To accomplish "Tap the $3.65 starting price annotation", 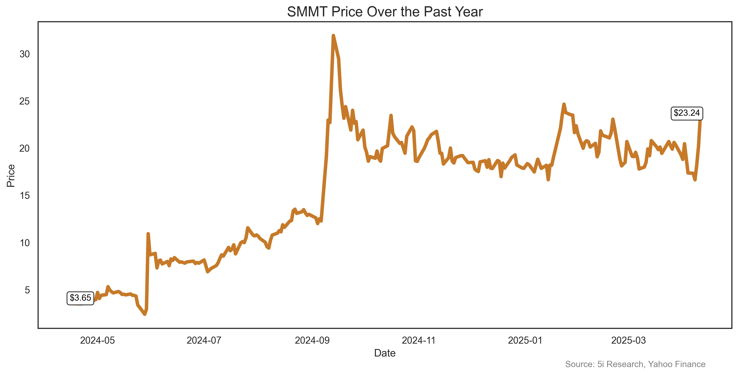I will [x=80, y=298].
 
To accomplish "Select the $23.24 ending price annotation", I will [x=686, y=113].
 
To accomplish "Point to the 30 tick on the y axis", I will [x=25, y=54].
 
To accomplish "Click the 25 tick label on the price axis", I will [x=25, y=101].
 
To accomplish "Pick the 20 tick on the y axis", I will [x=25, y=148].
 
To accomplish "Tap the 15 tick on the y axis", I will [x=25, y=196].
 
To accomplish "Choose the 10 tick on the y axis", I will [x=25, y=243].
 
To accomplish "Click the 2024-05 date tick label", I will [x=97, y=340].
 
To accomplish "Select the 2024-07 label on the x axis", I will [x=204, y=340].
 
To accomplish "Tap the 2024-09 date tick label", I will [x=312, y=340].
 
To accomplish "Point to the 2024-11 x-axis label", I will [x=419, y=340].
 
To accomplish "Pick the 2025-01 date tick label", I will [x=525, y=340].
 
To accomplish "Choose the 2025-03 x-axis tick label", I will [x=629, y=340].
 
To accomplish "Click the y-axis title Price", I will [x=11, y=176].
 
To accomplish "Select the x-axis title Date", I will [x=385, y=353].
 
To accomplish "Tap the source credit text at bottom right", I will [x=635, y=364].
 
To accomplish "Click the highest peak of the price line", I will [x=333, y=36].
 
